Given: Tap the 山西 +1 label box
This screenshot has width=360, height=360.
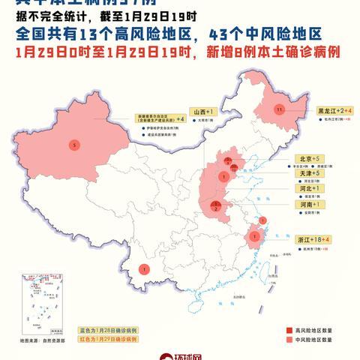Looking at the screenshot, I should [x=202, y=110].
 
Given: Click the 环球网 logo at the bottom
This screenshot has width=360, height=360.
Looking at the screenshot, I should [x=181, y=355].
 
